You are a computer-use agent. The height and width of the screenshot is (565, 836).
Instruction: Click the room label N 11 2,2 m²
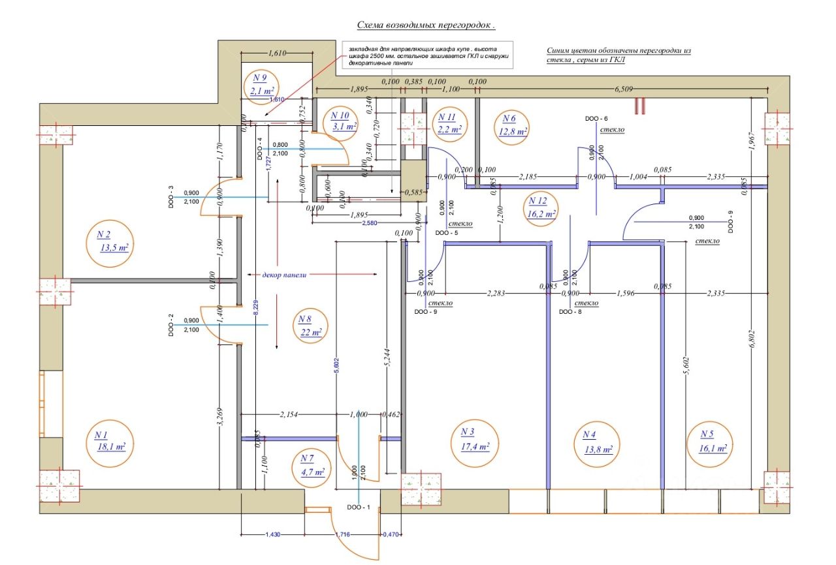click(x=449, y=123)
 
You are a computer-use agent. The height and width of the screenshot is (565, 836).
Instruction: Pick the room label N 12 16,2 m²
click(x=542, y=207)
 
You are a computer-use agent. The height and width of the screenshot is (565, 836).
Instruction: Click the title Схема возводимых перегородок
click(x=426, y=25)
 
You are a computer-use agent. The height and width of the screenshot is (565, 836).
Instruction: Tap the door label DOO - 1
click(x=359, y=506)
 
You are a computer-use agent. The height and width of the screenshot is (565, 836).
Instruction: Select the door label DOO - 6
click(x=596, y=119)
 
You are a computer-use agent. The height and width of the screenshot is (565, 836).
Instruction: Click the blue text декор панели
click(x=284, y=275)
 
